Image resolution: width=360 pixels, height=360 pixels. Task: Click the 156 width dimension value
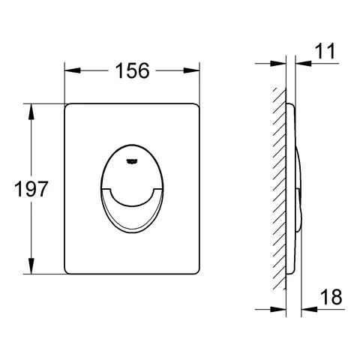132,70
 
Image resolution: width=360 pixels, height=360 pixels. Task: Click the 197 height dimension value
31,189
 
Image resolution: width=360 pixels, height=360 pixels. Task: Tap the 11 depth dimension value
325,51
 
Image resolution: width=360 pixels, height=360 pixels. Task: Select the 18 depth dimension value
331,297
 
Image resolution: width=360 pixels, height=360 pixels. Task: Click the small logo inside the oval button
131,162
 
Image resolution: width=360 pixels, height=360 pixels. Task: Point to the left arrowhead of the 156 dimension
73,70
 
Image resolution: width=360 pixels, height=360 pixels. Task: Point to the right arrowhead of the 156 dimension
192,70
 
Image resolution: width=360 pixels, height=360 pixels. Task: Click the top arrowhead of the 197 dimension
31,112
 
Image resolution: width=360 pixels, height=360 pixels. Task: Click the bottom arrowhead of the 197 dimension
31,266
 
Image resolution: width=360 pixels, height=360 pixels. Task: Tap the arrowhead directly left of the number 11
303,64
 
